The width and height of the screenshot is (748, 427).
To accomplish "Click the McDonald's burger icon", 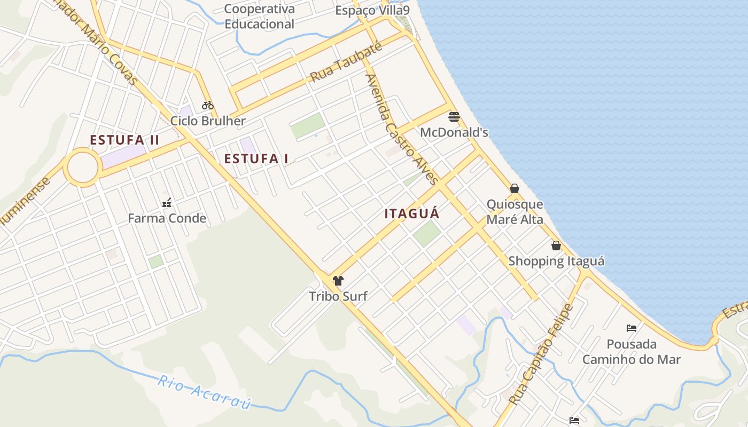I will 454,117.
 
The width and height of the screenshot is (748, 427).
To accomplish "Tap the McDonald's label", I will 454,132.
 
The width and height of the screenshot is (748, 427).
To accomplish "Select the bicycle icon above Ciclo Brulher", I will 207,105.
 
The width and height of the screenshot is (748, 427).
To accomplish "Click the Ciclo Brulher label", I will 208,121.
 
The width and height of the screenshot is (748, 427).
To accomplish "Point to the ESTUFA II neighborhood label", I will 124,140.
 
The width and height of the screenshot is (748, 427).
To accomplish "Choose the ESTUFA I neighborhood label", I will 256,159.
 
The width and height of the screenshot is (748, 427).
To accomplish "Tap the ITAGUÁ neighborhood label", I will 412,214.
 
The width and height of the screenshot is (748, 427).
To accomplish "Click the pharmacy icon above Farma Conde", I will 167,203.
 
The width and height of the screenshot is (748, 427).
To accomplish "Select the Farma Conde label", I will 167,218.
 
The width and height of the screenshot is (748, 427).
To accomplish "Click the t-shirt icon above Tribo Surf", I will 338,280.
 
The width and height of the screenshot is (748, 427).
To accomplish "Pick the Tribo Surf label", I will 338,296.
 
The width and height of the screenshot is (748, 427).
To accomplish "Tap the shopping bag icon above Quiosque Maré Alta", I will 515,188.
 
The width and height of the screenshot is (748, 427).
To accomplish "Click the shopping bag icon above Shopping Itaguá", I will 556,246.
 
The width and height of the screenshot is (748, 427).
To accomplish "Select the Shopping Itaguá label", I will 556,261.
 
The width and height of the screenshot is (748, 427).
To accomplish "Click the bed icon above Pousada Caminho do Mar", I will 632,328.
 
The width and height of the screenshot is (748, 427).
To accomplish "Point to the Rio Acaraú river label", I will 204,392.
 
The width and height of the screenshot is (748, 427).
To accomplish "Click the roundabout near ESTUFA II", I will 82,168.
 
